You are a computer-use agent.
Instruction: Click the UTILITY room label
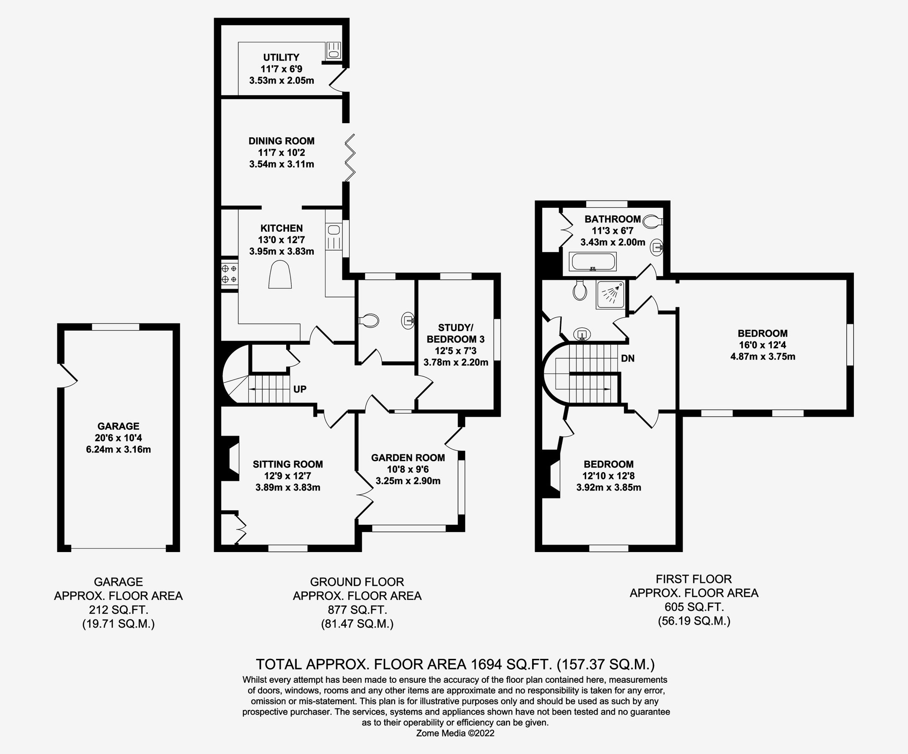tap(281, 57)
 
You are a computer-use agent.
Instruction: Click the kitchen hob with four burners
tap(229, 274)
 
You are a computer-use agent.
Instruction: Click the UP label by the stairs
tap(300, 389)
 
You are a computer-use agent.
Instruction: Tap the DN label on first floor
tap(627, 359)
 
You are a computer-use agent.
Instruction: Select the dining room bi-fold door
tap(350, 158)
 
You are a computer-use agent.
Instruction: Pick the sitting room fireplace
tap(231, 459)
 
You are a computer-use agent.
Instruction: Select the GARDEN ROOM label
tap(408, 457)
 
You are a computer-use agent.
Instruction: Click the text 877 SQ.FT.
tap(357, 610)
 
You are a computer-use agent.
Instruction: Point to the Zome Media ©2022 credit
tap(455, 733)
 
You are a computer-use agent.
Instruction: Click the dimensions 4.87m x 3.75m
tap(762, 356)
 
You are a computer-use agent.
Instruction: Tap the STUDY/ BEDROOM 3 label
tap(455, 333)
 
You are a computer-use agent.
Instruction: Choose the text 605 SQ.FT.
tap(693, 607)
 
